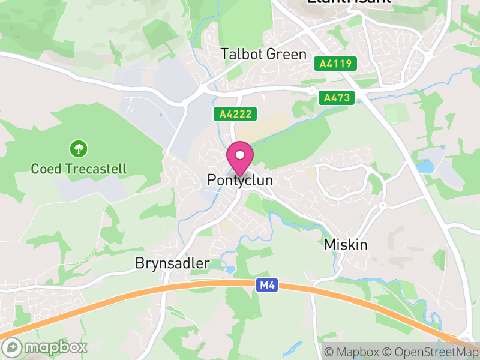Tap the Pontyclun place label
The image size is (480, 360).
click(x=240, y=180)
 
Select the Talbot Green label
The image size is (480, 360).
click(x=263, y=54)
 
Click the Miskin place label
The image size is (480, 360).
click(x=346, y=245)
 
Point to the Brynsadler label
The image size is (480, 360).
click(x=172, y=263)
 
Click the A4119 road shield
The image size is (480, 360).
click(x=335, y=64)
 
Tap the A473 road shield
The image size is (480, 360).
click(x=337, y=97)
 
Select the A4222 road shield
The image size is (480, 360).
click(x=236, y=114)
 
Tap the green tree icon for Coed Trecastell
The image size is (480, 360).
click(x=79, y=148)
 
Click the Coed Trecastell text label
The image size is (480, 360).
click(x=79, y=169)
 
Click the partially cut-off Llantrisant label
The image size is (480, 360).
click(x=349, y=2)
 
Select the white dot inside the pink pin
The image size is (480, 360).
click(x=240, y=155)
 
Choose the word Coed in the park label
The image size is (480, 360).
click(x=45, y=169)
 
